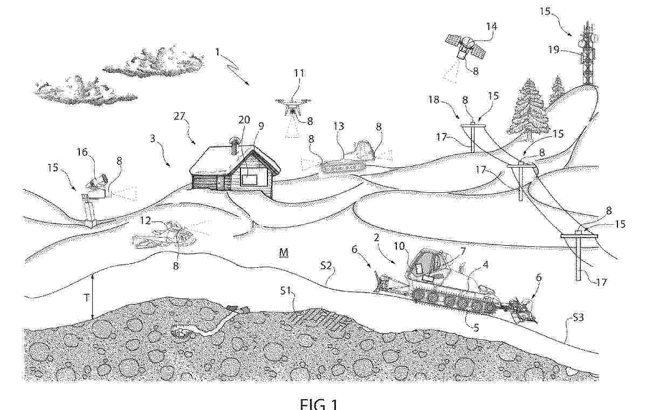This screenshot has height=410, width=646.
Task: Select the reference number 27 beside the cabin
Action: (180, 116)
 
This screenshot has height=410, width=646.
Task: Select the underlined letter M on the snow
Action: (284, 252)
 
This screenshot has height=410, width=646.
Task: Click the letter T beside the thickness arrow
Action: (86, 297)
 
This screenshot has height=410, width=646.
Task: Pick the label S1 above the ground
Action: (285, 291)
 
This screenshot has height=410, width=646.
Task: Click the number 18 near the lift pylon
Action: (434, 100)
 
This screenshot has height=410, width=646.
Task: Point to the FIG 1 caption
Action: (318, 404)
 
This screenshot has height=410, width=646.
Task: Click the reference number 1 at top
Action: (218, 52)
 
